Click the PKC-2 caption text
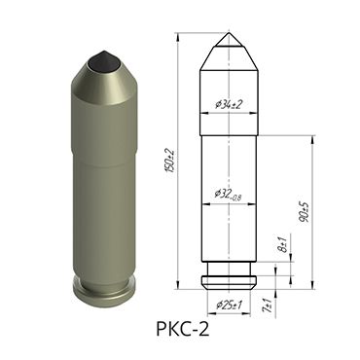(x=181, y=329)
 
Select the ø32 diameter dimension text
(x=226, y=195)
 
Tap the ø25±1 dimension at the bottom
(x=229, y=305)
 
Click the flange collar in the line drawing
(x=230, y=282)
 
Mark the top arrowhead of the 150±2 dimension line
(x=178, y=34)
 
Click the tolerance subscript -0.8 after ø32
(x=239, y=198)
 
